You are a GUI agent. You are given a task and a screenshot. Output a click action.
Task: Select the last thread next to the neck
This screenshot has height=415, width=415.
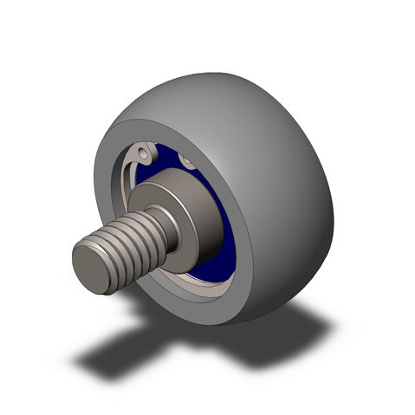pyautogui.click(x=154, y=227)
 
